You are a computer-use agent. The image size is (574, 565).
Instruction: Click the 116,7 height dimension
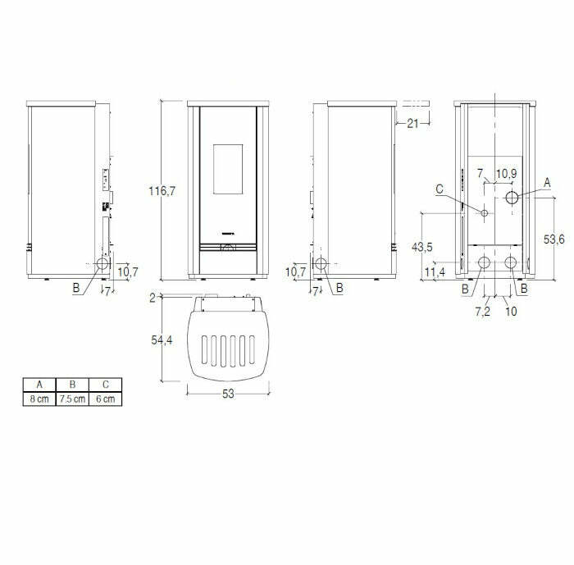coord(162,191)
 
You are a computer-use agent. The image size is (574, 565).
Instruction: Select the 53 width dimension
coord(228,394)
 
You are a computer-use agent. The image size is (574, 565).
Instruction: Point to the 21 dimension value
coord(412,123)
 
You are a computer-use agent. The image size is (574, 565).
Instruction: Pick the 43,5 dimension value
coord(423,247)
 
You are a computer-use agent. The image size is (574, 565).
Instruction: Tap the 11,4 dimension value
coord(435,271)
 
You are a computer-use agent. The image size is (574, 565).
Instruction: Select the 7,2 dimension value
coord(482,311)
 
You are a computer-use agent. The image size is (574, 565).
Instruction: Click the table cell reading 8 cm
coord(39,399)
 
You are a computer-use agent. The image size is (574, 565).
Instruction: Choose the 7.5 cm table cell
coord(72,399)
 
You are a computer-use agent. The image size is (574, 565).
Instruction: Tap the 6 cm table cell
coord(106,399)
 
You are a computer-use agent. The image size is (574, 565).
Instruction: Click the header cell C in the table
coord(106,384)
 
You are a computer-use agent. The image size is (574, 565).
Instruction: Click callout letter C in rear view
coord(440,190)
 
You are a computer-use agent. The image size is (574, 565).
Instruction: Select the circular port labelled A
coord(512,198)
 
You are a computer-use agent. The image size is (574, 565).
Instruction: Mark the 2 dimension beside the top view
coord(153,298)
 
